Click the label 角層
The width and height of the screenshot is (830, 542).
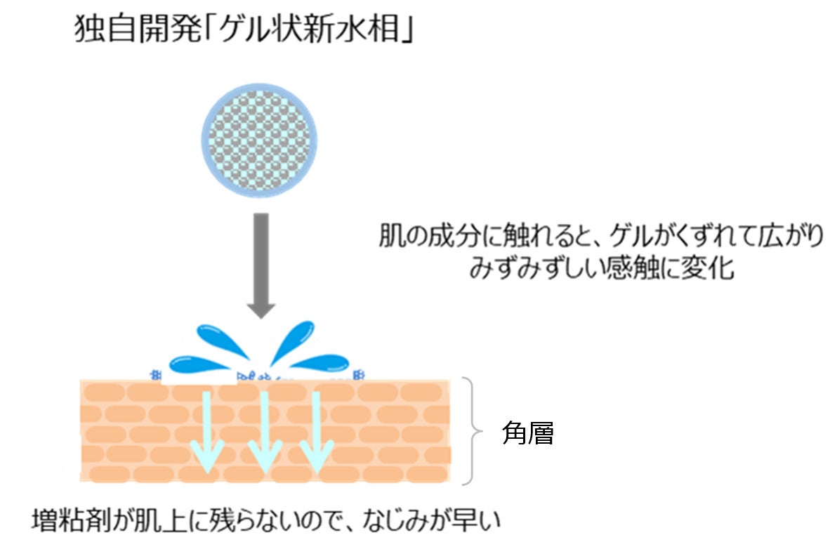point(528,434)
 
